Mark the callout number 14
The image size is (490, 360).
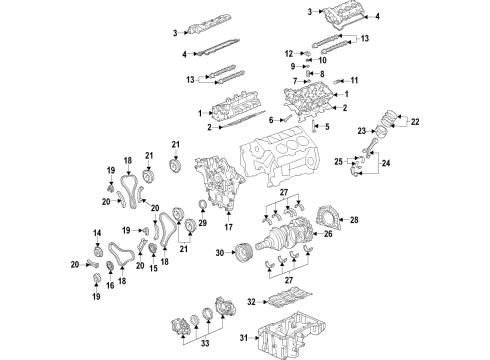pos(98,233)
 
